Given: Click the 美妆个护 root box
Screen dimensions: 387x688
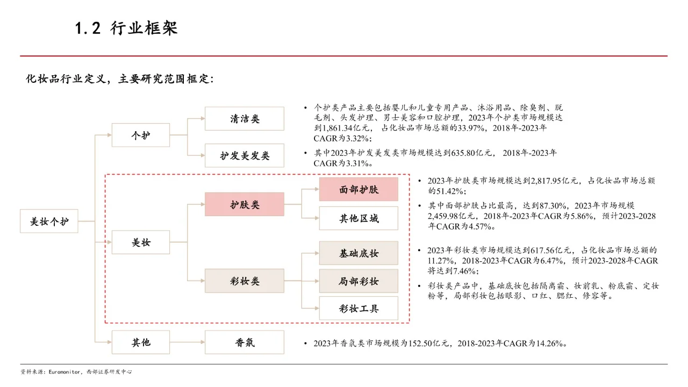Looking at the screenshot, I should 49,221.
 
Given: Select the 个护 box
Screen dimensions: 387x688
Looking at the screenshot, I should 141,135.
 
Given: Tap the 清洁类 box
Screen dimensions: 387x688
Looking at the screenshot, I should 245,118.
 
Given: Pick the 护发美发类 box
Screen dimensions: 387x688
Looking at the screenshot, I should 245,156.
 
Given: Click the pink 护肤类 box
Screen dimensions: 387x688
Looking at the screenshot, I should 245,204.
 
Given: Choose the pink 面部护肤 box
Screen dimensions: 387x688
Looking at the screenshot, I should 359,189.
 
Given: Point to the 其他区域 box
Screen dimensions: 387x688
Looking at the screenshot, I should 359,218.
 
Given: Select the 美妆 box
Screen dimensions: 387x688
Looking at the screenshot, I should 141,242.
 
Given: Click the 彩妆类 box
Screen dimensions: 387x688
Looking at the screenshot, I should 245,281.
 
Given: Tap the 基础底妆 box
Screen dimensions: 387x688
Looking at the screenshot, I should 359,253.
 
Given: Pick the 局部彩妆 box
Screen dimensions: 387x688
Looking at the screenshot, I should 359,281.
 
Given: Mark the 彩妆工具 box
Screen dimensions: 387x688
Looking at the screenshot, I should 359,308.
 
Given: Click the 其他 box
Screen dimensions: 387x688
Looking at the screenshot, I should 141,342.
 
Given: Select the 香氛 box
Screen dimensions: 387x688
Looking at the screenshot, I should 245,342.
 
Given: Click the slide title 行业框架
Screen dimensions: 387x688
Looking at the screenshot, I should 144,28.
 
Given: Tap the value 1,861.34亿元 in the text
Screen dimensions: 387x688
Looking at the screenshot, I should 346,128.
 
